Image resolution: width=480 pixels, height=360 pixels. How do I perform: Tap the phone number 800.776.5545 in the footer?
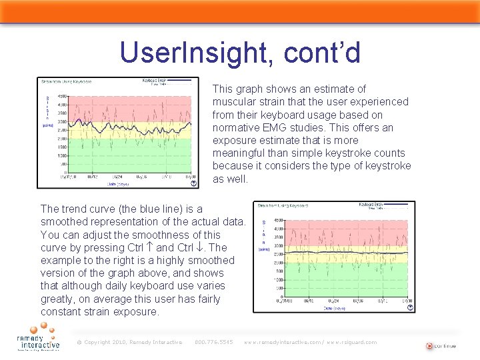[213, 342]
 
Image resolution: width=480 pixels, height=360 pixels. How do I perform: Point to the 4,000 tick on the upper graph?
[61, 105]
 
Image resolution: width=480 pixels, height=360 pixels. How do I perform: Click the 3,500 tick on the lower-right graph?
[277, 237]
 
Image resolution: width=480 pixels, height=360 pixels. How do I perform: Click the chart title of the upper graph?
[67, 82]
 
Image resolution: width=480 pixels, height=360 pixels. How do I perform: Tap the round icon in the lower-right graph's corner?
[409, 307]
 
